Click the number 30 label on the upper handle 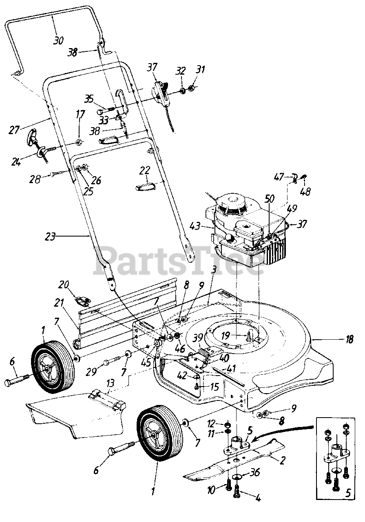(x=58, y=40)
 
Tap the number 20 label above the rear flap (x=64, y=284)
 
